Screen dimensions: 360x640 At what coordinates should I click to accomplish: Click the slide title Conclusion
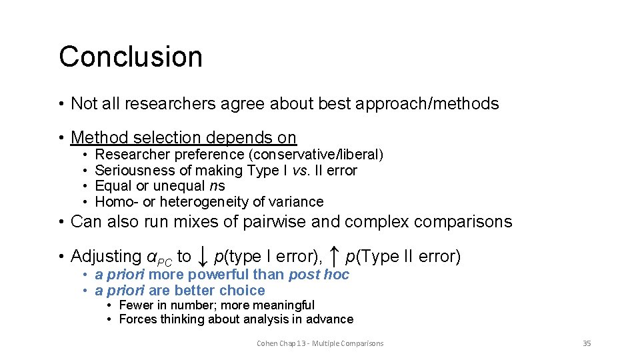pyautogui.click(x=131, y=57)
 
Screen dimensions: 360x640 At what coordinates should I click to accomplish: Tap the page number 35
pyautogui.click(x=587, y=343)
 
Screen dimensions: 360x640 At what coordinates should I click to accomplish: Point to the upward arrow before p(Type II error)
pyautogui.click(x=335, y=255)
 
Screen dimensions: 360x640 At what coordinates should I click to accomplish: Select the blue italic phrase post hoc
pyautogui.click(x=318, y=275)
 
